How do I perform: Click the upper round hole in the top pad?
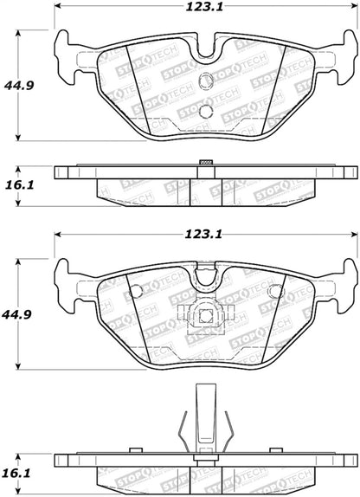coord(205,82)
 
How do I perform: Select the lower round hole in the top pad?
coord(205,111)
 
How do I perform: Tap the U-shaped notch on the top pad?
coord(205,54)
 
